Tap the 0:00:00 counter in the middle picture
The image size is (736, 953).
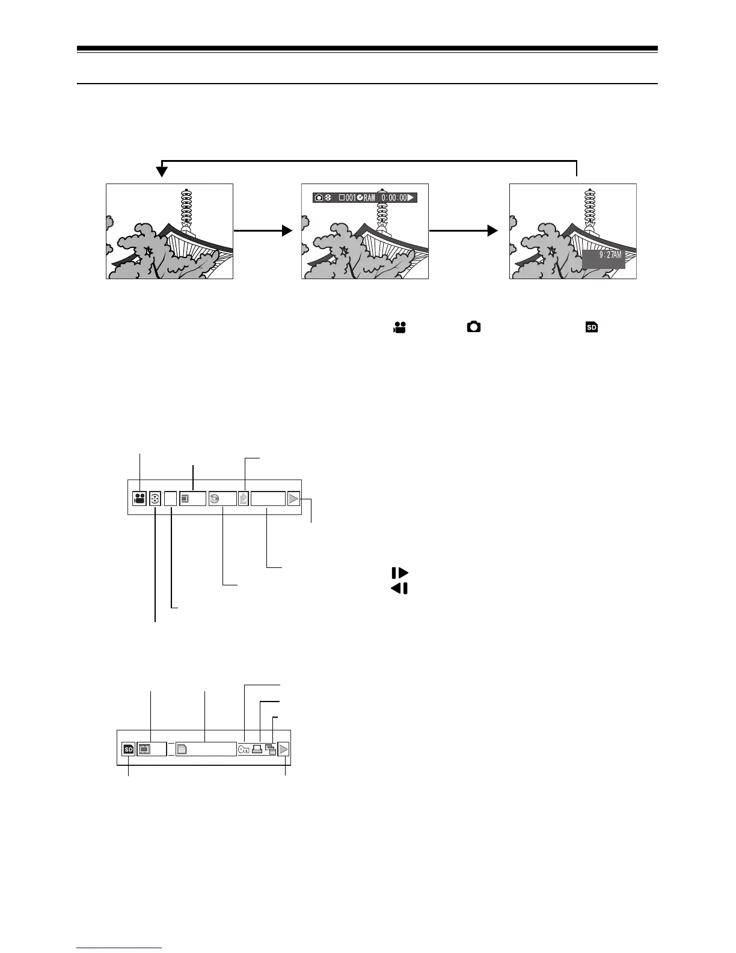tap(394, 197)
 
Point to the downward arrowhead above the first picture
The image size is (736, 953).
tap(162, 172)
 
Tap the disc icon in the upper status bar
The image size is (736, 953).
tap(215, 498)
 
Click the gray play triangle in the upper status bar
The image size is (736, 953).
tap(293, 498)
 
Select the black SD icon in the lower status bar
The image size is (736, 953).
tap(129, 749)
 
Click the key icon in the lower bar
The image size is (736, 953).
tap(244, 750)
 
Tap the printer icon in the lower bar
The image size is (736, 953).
tap(257, 750)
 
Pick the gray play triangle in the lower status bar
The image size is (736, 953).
tap(284, 749)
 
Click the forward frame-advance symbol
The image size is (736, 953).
tap(399, 573)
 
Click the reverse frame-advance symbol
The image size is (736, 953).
tap(399, 588)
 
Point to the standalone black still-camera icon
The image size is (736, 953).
tap(474, 327)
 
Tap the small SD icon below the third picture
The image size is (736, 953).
tap(592, 327)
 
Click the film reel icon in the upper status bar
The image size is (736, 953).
tap(155, 498)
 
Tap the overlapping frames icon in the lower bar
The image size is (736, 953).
tap(271, 750)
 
